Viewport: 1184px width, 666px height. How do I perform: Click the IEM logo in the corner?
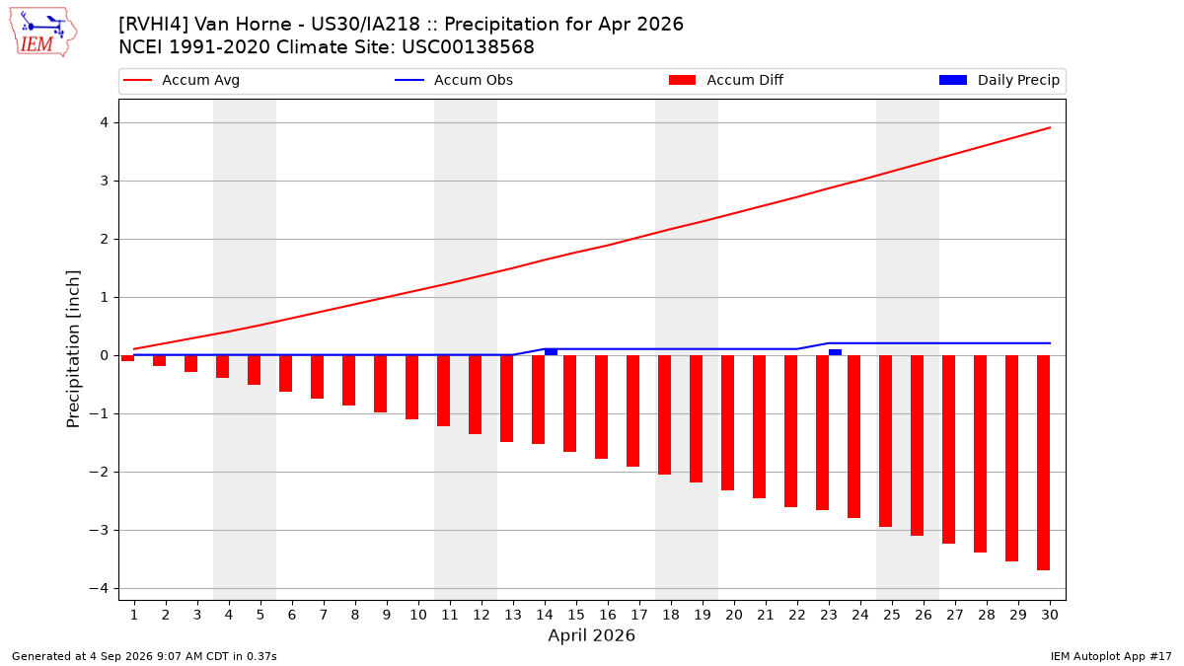click(x=43, y=33)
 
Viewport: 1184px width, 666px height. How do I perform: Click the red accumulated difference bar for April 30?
click(x=1044, y=463)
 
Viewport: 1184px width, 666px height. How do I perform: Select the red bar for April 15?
click(x=570, y=404)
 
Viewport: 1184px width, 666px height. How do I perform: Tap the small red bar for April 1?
click(x=127, y=358)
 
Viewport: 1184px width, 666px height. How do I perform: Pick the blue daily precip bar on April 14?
click(x=551, y=352)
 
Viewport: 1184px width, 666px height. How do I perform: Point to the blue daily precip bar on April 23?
click(x=835, y=352)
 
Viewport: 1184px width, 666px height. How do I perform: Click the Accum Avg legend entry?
click(x=182, y=80)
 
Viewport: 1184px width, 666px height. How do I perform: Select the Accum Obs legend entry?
click(x=454, y=80)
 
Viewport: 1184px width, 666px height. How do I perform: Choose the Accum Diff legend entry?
click(x=726, y=80)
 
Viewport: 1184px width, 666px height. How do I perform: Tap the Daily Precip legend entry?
click(x=999, y=80)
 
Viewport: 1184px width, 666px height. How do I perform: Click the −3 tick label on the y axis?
click(x=99, y=530)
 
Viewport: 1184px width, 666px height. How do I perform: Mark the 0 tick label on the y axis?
click(x=105, y=355)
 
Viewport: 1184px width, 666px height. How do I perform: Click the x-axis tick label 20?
click(x=734, y=615)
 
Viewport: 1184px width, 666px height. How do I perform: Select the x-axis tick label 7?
click(x=324, y=615)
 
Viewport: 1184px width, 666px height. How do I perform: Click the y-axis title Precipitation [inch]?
click(x=73, y=349)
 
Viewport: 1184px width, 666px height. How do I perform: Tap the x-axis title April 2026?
click(x=591, y=635)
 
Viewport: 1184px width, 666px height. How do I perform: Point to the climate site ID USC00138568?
click(x=468, y=47)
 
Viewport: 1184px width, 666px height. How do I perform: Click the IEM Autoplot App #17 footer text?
click(x=1111, y=656)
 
